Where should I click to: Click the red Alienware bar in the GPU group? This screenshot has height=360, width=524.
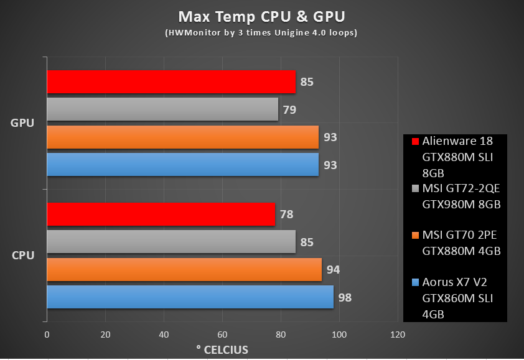point(171,81)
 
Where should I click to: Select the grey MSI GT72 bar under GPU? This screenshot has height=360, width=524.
point(162,109)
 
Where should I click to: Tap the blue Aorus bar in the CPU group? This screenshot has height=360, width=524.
point(190,297)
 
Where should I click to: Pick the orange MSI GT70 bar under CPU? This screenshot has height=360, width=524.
point(184,270)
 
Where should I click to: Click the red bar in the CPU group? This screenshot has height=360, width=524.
point(160,215)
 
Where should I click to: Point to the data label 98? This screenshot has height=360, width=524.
point(345,298)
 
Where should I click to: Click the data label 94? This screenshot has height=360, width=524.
point(333,270)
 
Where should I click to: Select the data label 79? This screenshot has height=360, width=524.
point(289,110)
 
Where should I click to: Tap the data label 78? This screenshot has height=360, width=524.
point(286,215)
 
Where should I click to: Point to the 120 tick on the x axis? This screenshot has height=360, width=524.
point(397,335)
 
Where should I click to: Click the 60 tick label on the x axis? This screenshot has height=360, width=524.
point(222,335)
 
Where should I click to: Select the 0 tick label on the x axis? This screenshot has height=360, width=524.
point(47,335)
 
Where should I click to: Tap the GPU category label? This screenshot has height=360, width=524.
point(22,122)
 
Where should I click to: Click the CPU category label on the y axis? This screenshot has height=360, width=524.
point(22,255)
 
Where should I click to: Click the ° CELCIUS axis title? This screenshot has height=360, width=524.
point(222,349)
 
